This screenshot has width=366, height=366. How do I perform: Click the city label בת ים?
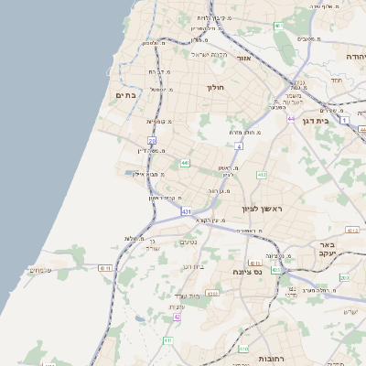(126, 94)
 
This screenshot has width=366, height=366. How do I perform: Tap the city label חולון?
(216, 87)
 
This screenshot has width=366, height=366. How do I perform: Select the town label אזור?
(243, 58)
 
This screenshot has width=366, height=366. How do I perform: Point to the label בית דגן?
(314, 119)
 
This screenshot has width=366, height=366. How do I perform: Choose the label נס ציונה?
(247, 271)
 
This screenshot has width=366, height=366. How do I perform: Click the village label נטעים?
(189, 242)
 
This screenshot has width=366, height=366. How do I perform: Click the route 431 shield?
(187, 212)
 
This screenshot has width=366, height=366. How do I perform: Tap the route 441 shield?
(185, 163)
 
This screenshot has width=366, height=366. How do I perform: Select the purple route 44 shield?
(291, 119)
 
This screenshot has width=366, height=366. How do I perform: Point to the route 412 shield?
(262, 174)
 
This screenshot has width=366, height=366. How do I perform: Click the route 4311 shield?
(106, 268)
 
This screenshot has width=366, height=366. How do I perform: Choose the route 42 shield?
(177, 318)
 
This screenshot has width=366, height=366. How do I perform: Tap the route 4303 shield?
(212, 294)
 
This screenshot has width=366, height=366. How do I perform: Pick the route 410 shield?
(242, 348)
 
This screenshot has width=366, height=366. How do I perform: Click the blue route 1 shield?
(345, 119)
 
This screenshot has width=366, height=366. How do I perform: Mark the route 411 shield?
(167, 340)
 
